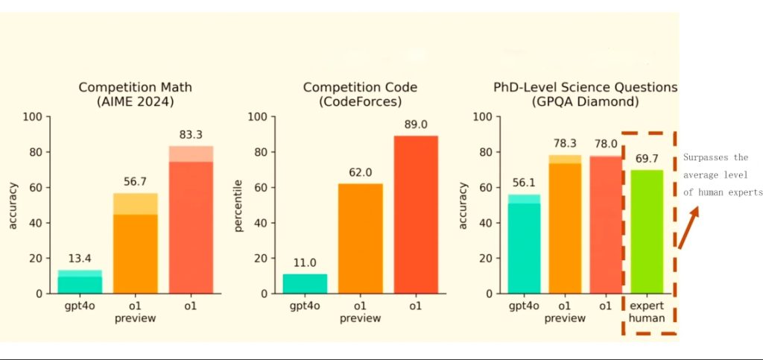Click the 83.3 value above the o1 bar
(x=191, y=133)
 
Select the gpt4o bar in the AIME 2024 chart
(x=80, y=282)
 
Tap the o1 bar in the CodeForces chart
(x=416, y=215)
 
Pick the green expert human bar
(x=647, y=232)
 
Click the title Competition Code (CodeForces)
(x=360, y=95)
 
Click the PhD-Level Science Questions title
(x=585, y=95)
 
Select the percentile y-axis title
(x=238, y=205)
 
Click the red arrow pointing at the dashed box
(x=687, y=227)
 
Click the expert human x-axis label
(x=647, y=312)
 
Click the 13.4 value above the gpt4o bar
(x=80, y=258)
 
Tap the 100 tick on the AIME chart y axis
(x=34, y=117)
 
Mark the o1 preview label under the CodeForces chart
(x=360, y=312)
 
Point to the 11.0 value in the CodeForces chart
(x=305, y=262)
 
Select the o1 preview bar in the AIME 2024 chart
(x=136, y=243)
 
